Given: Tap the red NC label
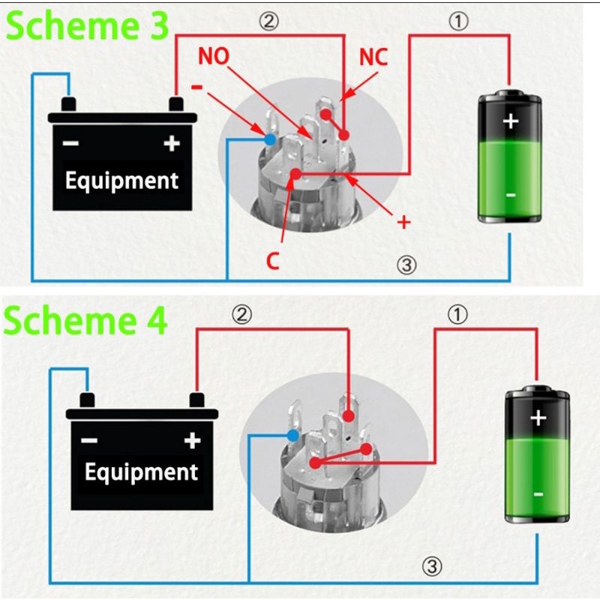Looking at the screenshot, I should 373,58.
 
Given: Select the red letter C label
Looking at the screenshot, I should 273,261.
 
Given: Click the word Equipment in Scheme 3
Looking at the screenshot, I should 121,181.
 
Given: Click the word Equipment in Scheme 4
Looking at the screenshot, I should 141,472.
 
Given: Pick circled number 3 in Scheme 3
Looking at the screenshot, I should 406,265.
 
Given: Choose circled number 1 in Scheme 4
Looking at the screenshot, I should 457,315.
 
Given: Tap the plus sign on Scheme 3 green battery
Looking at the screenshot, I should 511,121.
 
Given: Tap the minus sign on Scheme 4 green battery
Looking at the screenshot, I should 538,493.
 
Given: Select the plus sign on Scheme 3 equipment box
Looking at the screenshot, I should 172,143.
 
